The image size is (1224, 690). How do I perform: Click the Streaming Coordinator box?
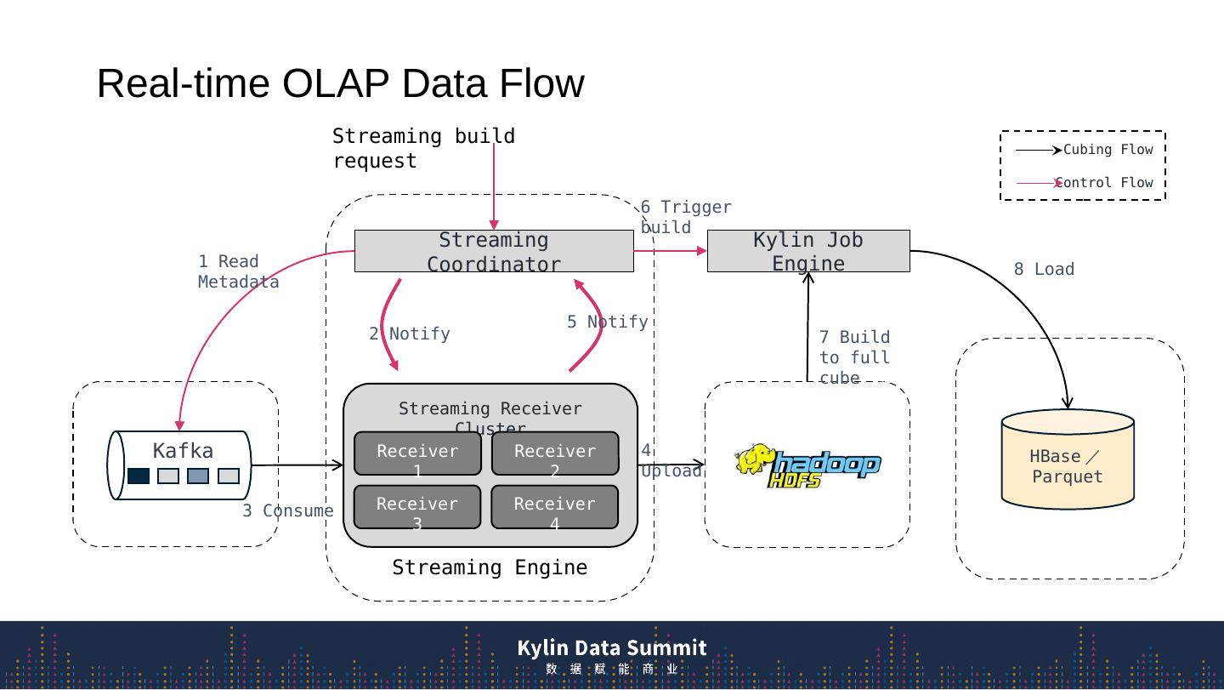pyautogui.click(x=494, y=251)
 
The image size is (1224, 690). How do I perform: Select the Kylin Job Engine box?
pyautogui.click(x=808, y=251)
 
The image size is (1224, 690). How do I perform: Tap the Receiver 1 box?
pyautogui.click(x=417, y=453)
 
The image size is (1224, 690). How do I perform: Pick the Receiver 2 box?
pyautogui.click(x=555, y=453)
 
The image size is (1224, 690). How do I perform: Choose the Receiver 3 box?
pyautogui.click(x=417, y=507)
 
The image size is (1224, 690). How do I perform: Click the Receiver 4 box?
pyautogui.click(x=555, y=507)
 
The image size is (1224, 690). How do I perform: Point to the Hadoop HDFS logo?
pyautogui.click(x=807, y=465)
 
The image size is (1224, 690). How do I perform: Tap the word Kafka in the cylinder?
pyautogui.click(x=183, y=450)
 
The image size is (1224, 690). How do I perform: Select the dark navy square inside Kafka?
pyautogui.click(x=139, y=476)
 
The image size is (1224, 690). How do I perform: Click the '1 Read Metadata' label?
pyautogui.click(x=238, y=271)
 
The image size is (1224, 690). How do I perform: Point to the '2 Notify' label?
pyautogui.click(x=410, y=334)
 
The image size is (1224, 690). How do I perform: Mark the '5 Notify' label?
pyautogui.click(x=607, y=322)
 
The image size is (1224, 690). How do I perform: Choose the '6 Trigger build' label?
pyautogui.click(x=685, y=217)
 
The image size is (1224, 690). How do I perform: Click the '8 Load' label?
pyautogui.click(x=1044, y=269)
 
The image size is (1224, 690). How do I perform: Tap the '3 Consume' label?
pyautogui.click(x=287, y=510)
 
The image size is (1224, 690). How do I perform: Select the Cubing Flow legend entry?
pyautogui.click(x=1085, y=150)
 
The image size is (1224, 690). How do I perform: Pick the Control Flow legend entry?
pyautogui.click(x=1085, y=183)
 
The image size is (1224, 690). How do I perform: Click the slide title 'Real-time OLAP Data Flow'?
pyautogui.click(x=340, y=83)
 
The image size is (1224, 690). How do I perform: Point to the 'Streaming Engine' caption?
pyautogui.click(x=490, y=567)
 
